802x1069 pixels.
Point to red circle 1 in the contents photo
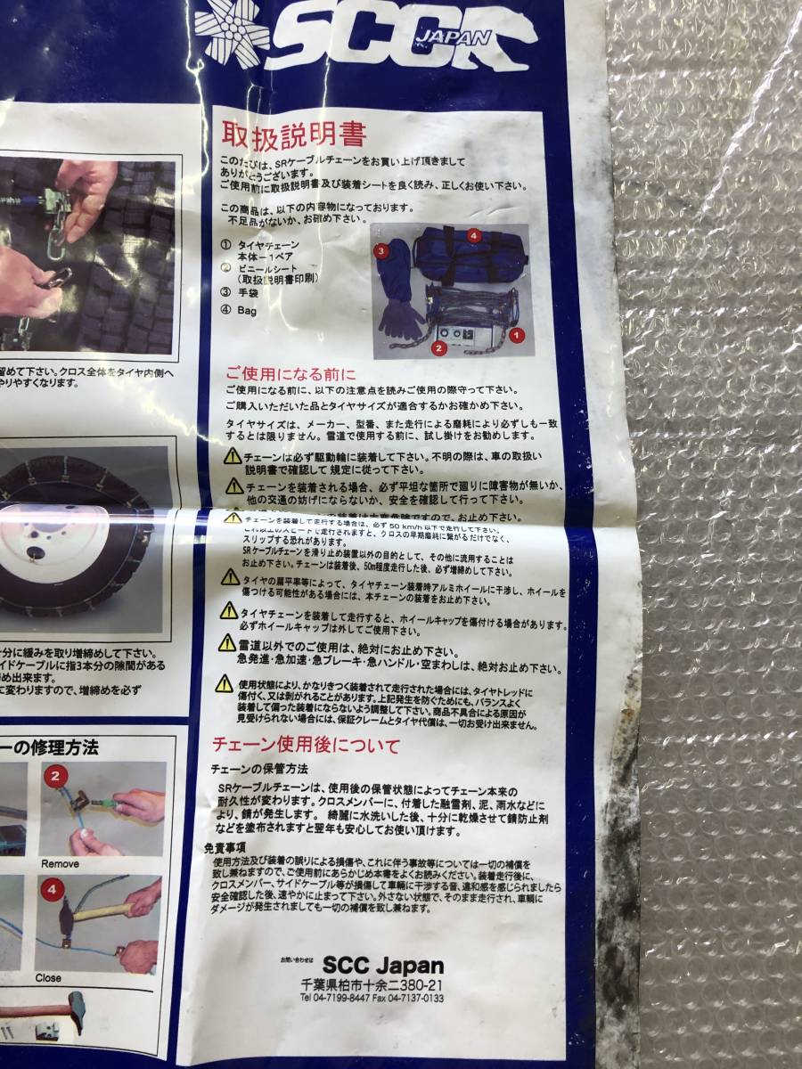516,336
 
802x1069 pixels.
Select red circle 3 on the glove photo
381,252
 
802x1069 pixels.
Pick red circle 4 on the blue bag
474,237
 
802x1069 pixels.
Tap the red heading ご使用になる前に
278,373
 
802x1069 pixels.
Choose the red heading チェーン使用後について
305,746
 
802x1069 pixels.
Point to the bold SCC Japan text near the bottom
382,966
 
